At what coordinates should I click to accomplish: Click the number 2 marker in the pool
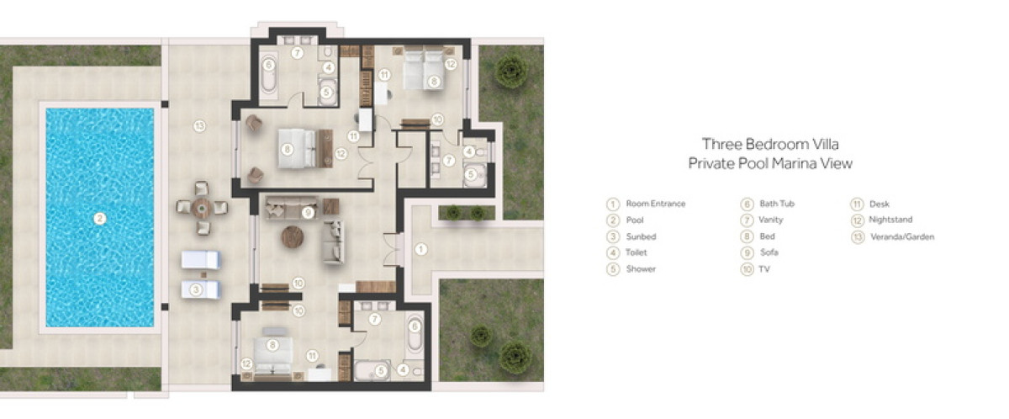pyautogui.click(x=99, y=219)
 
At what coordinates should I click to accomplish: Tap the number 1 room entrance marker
pyautogui.click(x=420, y=249)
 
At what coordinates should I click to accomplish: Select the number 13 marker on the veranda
pyautogui.click(x=199, y=126)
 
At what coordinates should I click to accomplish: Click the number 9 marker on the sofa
pyautogui.click(x=308, y=212)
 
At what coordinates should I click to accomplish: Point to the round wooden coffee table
pyautogui.click(x=293, y=237)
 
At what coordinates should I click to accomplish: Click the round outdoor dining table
pyautogui.click(x=201, y=208)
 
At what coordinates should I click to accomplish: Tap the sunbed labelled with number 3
pyautogui.click(x=200, y=289)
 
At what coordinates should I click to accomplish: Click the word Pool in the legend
pyautogui.click(x=635, y=220)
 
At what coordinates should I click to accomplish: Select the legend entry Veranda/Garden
pyautogui.click(x=902, y=237)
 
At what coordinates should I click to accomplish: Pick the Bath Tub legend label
pyautogui.click(x=777, y=204)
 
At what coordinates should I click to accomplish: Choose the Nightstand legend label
pyautogui.click(x=890, y=220)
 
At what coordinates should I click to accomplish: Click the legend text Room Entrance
pyautogui.click(x=656, y=204)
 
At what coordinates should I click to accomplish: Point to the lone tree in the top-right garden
pyautogui.click(x=511, y=71)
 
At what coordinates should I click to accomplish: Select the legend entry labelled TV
pyautogui.click(x=764, y=269)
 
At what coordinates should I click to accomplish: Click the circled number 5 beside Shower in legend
pyautogui.click(x=613, y=269)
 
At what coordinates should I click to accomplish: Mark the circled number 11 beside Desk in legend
pyautogui.click(x=857, y=204)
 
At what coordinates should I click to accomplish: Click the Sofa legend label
pyautogui.click(x=769, y=252)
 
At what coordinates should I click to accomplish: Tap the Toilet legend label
pyautogui.click(x=636, y=252)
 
